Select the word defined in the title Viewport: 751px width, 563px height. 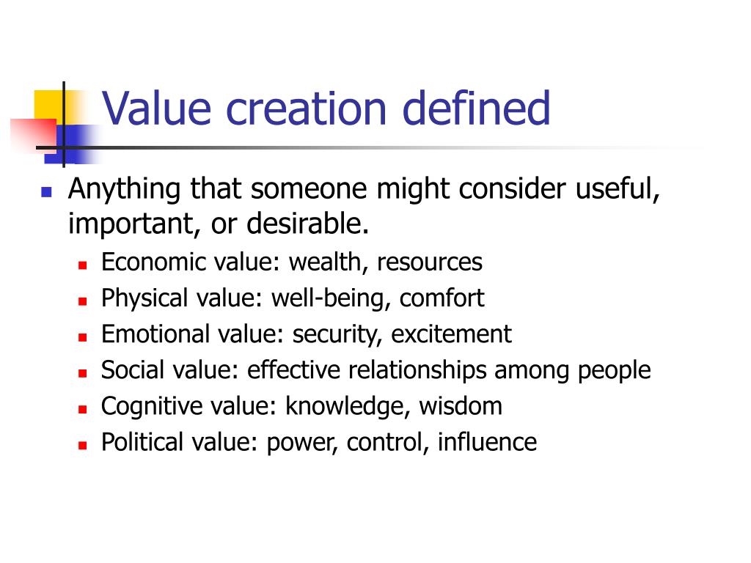click(477, 108)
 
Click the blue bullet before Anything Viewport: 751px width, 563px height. click(46, 193)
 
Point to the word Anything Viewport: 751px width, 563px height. click(124, 191)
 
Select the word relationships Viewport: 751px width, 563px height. click(417, 370)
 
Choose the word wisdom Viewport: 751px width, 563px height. click(461, 406)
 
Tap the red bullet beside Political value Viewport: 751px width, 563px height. click(83, 445)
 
